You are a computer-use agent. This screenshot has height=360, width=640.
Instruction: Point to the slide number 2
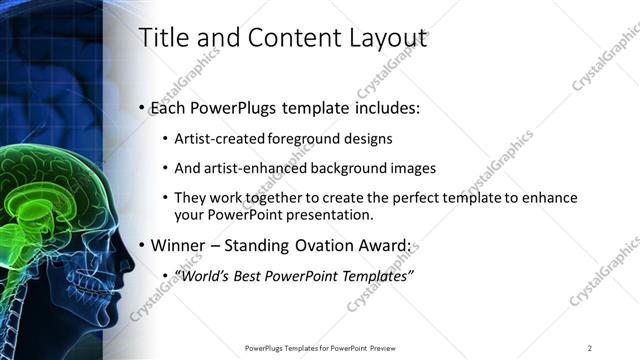[x=590, y=347]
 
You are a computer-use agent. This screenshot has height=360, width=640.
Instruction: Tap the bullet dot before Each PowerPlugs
[x=141, y=107]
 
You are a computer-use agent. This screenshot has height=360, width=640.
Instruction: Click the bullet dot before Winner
[x=141, y=245]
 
